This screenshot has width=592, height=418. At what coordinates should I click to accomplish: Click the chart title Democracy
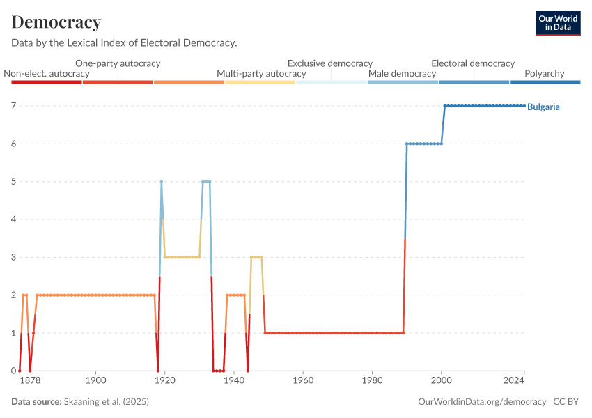pyautogui.click(x=56, y=22)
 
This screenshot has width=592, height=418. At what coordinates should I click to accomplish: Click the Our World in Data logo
pyautogui.click(x=558, y=23)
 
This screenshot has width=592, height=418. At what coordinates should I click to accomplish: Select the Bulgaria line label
pyautogui.click(x=543, y=107)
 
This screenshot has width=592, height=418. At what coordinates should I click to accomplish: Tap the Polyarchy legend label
pyautogui.click(x=545, y=73)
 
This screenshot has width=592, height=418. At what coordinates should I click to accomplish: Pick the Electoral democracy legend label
pyautogui.click(x=473, y=63)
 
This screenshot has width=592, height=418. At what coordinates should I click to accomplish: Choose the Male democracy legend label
pyautogui.click(x=402, y=73)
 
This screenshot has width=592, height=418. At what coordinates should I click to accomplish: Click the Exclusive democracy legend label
pyautogui.click(x=329, y=63)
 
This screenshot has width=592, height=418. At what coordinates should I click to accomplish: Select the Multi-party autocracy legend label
pyautogui.click(x=261, y=73)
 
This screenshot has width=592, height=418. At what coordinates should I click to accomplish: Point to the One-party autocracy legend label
pyautogui.click(x=118, y=63)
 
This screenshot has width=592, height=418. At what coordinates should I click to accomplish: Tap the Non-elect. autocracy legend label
pyautogui.click(x=47, y=73)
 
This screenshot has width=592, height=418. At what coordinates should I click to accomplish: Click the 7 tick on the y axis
pyautogui.click(x=13, y=106)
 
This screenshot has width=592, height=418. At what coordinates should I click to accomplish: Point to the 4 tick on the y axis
pyautogui.click(x=13, y=219)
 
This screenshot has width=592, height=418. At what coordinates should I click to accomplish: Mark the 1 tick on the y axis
pyautogui.click(x=13, y=333)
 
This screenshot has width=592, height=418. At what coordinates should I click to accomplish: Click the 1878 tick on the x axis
pyautogui.click(x=30, y=381)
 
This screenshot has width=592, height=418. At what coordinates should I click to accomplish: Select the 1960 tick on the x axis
pyautogui.click(x=303, y=381)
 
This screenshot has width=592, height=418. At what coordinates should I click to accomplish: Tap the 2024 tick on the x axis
pyautogui.click(x=514, y=381)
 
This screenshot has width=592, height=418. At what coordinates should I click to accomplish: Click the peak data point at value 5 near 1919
pyautogui.click(x=162, y=182)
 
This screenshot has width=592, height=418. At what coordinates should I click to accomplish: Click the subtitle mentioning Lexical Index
pyautogui.click(x=124, y=43)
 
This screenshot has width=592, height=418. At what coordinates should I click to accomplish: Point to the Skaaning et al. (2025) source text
pyautogui.click(x=106, y=402)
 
